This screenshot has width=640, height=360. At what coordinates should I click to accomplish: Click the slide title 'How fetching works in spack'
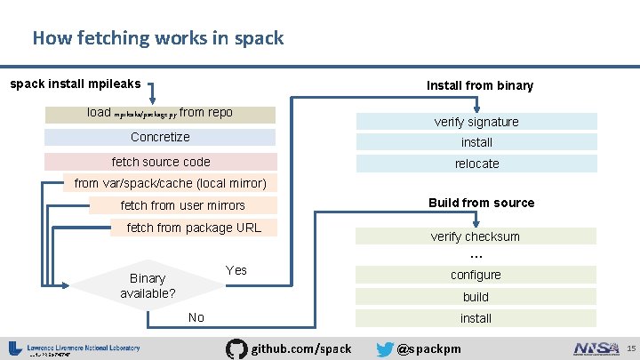(x=158, y=38)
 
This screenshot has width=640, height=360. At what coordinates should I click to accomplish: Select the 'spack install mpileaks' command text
(x=75, y=84)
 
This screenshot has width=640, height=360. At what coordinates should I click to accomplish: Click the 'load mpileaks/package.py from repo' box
(x=160, y=114)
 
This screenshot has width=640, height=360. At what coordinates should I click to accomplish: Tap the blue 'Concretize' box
(x=160, y=137)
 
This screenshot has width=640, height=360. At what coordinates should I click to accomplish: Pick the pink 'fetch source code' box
(x=160, y=162)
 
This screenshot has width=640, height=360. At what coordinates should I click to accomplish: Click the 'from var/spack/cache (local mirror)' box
(x=170, y=183)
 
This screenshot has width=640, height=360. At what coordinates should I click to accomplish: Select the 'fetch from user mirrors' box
(x=182, y=205)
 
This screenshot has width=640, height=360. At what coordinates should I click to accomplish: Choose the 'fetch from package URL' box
(x=194, y=228)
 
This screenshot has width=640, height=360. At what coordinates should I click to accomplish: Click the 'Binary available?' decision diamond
(x=147, y=285)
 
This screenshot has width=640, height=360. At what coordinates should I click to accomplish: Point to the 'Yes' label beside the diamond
(x=236, y=269)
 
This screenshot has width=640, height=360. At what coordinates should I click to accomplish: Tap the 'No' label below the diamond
(x=196, y=317)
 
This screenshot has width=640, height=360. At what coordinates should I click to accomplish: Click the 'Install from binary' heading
(x=480, y=85)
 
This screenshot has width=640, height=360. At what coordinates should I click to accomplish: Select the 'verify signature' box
(x=476, y=122)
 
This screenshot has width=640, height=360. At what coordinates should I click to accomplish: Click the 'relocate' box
(x=476, y=164)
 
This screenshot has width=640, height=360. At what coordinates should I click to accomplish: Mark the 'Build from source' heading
(x=481, y=203)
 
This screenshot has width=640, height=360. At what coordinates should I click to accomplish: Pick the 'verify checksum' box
(x=476, y=236)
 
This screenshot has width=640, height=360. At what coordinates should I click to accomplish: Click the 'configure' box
(x=476, y=276)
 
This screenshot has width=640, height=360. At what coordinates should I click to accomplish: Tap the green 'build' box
(x=476, y=297)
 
